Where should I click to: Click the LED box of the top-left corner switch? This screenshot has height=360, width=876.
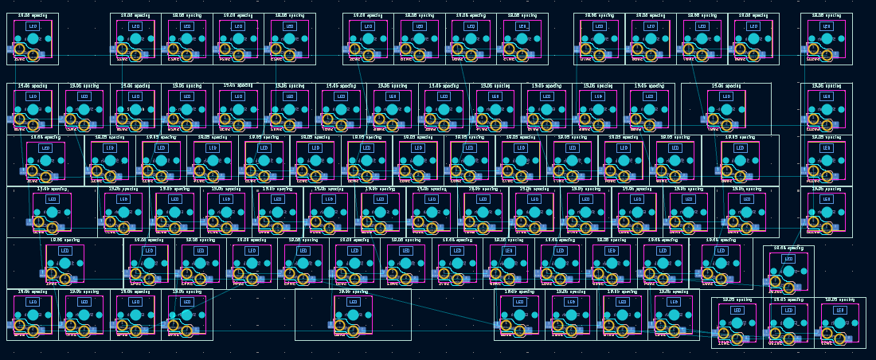(x=33, y=26)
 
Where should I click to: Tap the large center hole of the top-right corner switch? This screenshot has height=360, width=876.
(x=827, y=39)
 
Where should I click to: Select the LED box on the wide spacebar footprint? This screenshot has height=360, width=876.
(x=353, y=302)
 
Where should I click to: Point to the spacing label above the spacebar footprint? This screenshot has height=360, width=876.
(x=353, y=292)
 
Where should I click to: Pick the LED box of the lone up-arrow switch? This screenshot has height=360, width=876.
(x=788, y=259)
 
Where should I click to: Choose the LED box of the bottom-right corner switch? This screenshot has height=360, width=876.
(x=839, y=310)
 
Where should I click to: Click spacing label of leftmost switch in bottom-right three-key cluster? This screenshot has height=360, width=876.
(x=737, y=299)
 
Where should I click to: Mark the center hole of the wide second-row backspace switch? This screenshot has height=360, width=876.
(x=726, y=109)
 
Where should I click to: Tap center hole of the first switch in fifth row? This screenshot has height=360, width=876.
(x=65, y=264)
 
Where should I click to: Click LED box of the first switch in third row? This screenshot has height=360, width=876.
(x=45, y=148)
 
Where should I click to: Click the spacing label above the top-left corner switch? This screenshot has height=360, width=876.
(x=33, y=16)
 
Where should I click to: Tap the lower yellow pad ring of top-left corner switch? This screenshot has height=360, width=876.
(x=33, y=56)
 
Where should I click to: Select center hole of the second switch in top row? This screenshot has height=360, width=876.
(x=135, y=39)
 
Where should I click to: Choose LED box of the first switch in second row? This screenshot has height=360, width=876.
(x=33, y=96)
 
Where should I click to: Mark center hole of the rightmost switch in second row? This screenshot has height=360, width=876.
(x=827, y=109)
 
